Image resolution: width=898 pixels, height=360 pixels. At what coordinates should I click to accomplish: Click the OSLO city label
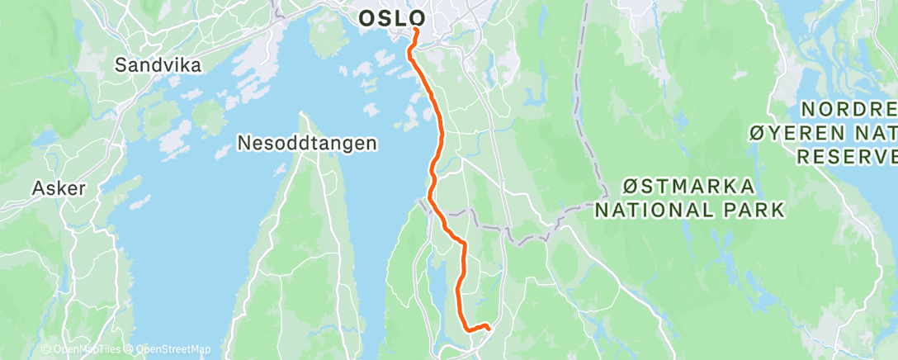click(x=392, y=17)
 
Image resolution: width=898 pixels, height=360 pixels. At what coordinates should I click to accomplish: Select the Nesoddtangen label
click(x=307, y=143)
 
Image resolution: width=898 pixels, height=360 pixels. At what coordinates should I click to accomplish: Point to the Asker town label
click(x=59, y=188)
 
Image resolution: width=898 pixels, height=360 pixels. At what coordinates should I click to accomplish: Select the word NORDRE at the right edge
click(x=850, y=109)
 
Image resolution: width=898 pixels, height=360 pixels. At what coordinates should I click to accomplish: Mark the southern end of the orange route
click(x=489, y=328)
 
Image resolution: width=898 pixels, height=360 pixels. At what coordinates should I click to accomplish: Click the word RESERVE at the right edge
click(x=847, y=156)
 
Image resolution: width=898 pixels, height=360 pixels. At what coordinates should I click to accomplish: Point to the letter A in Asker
click(x=37, y=188)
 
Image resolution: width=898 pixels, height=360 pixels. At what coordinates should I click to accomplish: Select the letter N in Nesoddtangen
click(x=243, y=143)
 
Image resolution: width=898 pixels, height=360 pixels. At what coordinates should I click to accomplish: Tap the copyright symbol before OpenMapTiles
click(x=46, y=349)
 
